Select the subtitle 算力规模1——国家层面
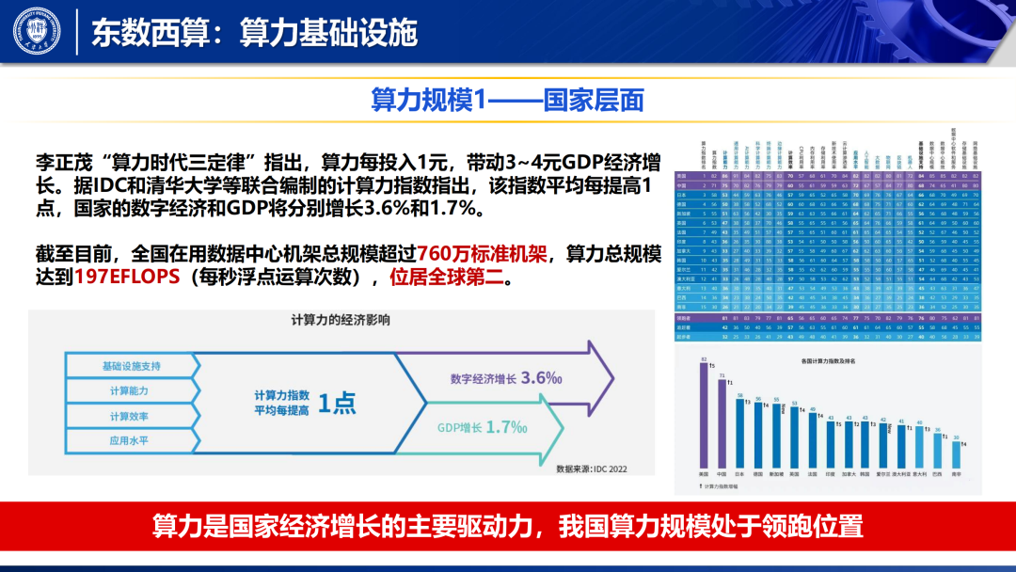pyautogui.click(x=508, y=98)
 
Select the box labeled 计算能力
pyautogui.click(x=129, y=389)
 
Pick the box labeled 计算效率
pyautogui.click(x=129, y=415)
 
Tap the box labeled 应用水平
pyautogui.click(x=129, y=439)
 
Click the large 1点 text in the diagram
pyautogui.click(x=336, y=403)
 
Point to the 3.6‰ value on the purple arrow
pyautogui.click(x=542, y=377)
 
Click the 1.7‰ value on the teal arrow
pyautogui.click(x=507, y=427)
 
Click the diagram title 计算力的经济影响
pyautogui.click(x=340, y=321)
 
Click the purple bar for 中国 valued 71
pyautogui.click(x=722, y=421)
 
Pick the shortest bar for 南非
pyautogui.click(x=957, y=454)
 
